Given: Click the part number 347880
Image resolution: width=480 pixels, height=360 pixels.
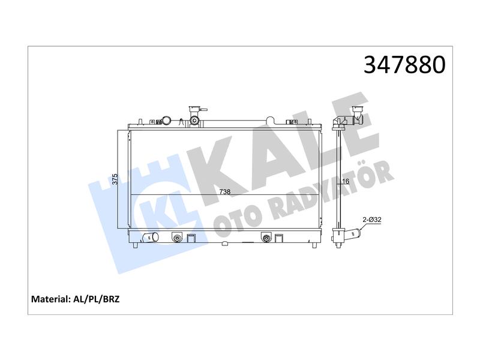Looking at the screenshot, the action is click(404, 65).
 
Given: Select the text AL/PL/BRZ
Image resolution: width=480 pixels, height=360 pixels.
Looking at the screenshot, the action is click(96, 299).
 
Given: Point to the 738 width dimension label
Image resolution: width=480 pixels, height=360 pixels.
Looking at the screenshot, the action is click(224, 191).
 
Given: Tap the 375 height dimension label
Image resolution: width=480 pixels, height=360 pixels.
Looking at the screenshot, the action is click(115, 179).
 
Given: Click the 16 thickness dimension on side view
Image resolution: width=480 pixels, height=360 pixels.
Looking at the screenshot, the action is click(346, 181).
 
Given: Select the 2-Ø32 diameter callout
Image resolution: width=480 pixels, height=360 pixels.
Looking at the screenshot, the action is click(372, 220).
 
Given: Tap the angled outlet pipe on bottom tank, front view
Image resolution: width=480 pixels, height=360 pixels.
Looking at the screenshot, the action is click(151, 236).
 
